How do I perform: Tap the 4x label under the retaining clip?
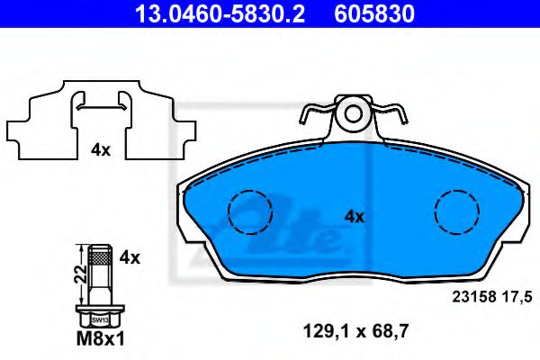[x=100, y=150]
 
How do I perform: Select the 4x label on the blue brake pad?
[x=355, y=216]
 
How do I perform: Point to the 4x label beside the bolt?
[x=130, y=257]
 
